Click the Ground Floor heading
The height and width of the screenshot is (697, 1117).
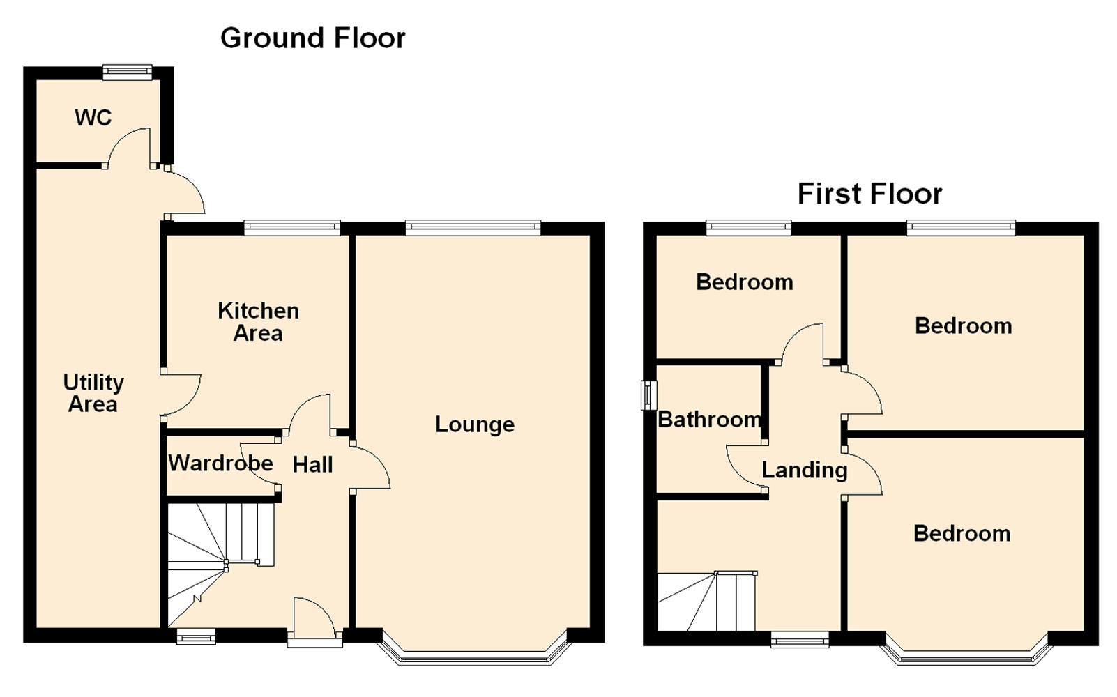(x=312, y=38)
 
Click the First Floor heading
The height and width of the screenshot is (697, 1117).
(x=869, y=194)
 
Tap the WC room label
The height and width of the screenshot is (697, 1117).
(x=93, y=118)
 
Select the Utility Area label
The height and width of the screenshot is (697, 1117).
(x=93, y=393)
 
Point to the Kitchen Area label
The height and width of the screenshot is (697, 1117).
(x=258, y=321)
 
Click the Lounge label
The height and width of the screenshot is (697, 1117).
(x=475, y=424)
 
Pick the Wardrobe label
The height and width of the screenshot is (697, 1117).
(x=220, y=464)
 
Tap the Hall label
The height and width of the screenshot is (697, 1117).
(x=312, y=465)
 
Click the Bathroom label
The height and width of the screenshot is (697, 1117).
(x=710, y=420)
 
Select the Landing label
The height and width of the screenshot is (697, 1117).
(x=805, y=470)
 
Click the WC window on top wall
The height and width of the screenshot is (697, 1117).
(x=127, y=72)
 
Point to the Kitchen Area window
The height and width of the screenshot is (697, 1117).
(x=292, y=228)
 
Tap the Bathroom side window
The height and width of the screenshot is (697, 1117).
(x=648, y=395)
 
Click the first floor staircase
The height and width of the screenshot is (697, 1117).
(x=707, y=602)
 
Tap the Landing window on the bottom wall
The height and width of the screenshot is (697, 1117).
(x=800, y=639)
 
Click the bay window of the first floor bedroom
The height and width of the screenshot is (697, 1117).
(x=966, y=659)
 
